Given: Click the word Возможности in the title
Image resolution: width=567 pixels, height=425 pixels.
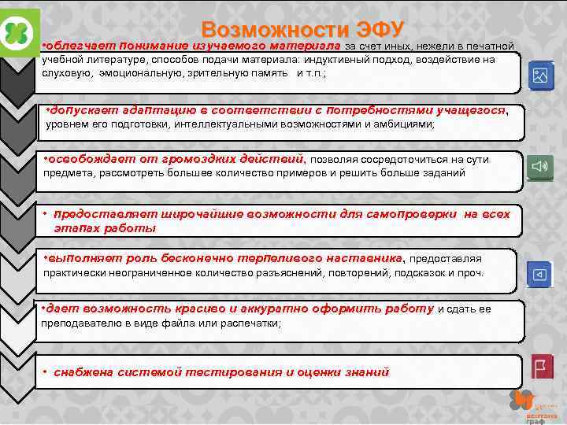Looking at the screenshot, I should [265, 31].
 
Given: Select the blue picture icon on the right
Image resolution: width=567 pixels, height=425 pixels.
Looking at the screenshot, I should [541, 76].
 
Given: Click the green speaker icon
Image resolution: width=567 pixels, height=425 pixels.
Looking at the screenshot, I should [541, 167].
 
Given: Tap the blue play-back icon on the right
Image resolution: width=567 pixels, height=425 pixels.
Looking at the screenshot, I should [540, 274].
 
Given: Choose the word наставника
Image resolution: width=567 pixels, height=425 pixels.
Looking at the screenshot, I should [364, 258].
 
